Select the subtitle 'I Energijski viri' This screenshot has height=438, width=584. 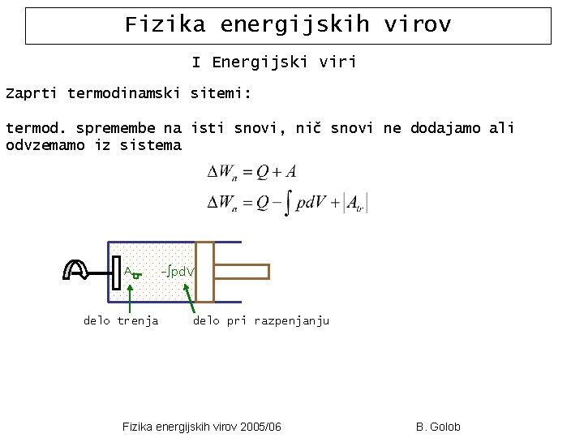(x=274, y=62)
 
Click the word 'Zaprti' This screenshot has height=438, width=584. (x=32, y=94)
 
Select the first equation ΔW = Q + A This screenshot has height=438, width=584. (x=251, y=172)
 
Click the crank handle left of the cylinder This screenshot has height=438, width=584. (x=78, y=270)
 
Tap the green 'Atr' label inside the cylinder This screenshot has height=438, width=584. (x=132, y=273)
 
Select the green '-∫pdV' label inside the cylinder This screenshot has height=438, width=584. (x=177, y=270)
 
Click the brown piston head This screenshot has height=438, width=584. (x=204, y=272)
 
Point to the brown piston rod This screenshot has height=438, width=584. (x=241, y=272)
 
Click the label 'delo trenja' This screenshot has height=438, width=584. (x=121, y=321)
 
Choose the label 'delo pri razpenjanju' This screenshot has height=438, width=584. (x=260, y=321)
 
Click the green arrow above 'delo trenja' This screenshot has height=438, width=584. (x=131, y=295)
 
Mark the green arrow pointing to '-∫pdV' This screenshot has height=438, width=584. (x=191, y=297)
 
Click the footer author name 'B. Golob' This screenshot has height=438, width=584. (x=437, y=427)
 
